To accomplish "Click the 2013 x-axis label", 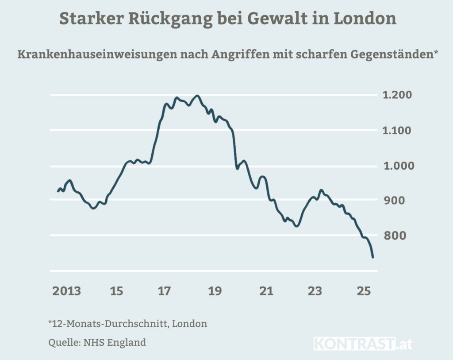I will coord(67,291).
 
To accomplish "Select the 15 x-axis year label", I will coord(116,291).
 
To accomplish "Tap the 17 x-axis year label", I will coord(165,291).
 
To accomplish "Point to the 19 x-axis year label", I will coord(215,291).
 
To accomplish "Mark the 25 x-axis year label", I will coord(364,291).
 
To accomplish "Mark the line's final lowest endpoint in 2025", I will coord(373,257).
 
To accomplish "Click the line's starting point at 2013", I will coord(58,191).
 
